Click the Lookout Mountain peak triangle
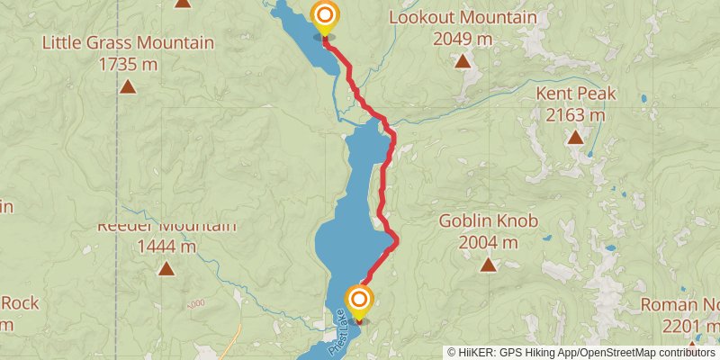click(462, 61)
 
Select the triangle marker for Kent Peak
click(574, 138)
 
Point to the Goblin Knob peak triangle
click(488, 265)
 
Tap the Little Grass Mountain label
click(128, 43)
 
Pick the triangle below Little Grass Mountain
click(128, 86)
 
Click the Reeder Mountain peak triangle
click(166, 268)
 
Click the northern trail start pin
click(324, 15)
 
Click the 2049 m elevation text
click(462, 39)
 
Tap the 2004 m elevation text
click(488, 242)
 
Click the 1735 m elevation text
click(128, 64)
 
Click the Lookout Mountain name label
click(463, 18)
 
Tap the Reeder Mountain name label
click(167, 225)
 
